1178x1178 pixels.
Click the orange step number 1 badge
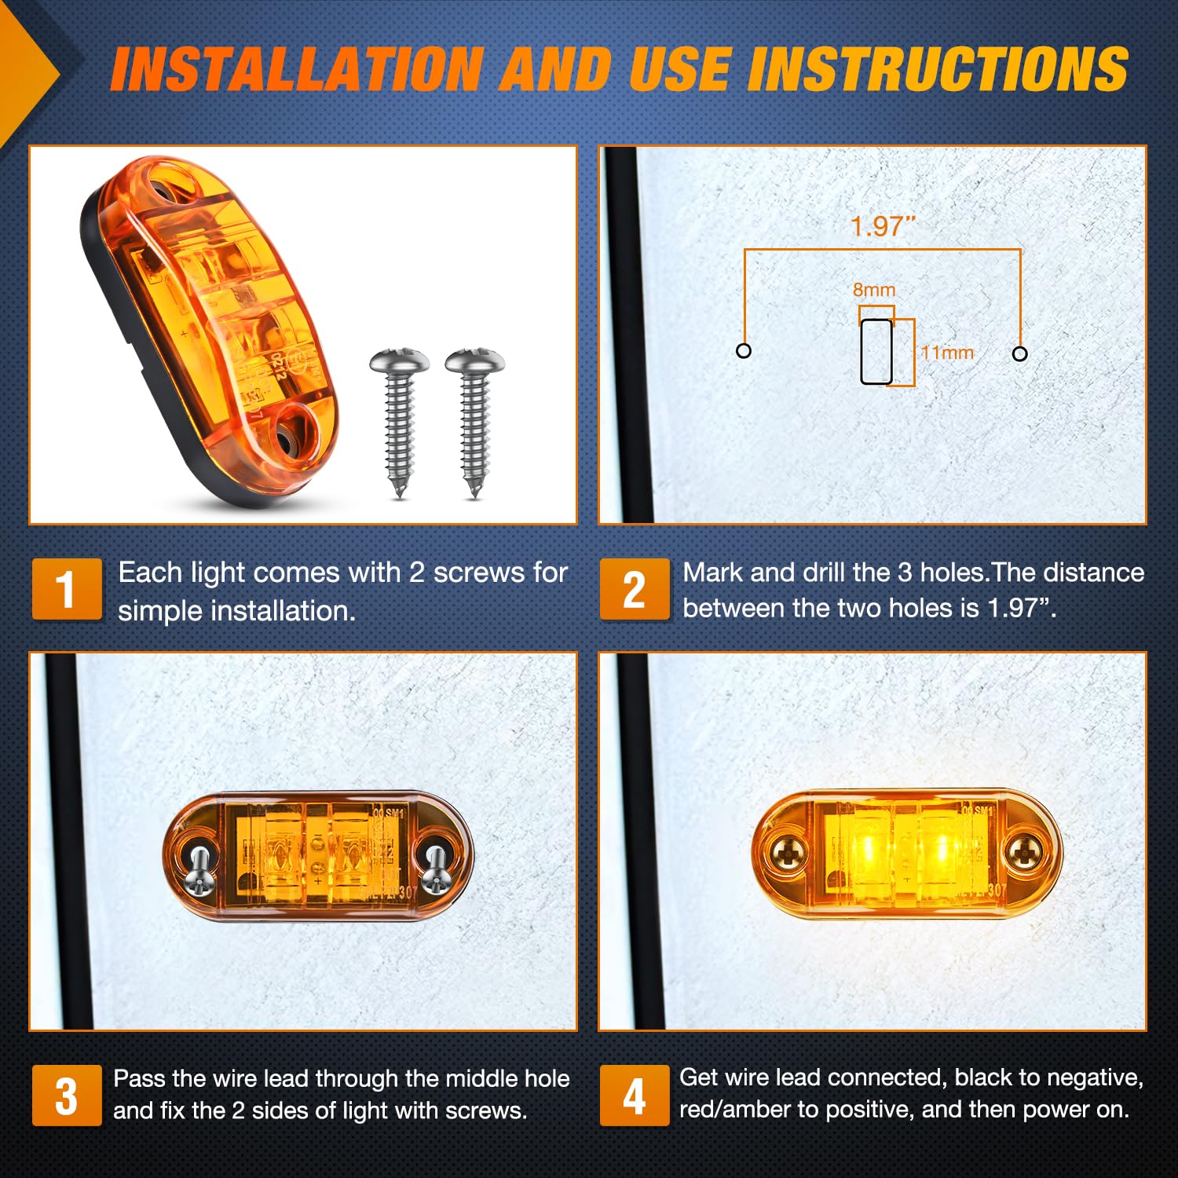[x=67, y=589]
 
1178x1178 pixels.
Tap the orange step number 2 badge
[x=635, y=589]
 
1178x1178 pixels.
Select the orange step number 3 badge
[x=67, y=1095]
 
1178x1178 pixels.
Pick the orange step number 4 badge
[x=635, y=1095]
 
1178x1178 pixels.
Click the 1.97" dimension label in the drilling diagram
[x=883, y=226]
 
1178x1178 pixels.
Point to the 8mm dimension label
[x=874, y=290]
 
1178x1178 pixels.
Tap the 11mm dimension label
[x=947, y=353]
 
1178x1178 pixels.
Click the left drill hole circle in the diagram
[x=744, y=351]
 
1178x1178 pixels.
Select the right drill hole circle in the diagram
[x=1019, y=353]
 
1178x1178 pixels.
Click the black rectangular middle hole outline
[x=876, y=352]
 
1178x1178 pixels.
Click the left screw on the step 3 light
[x=199, y=869]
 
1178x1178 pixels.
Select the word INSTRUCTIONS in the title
[x=938, y=69]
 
